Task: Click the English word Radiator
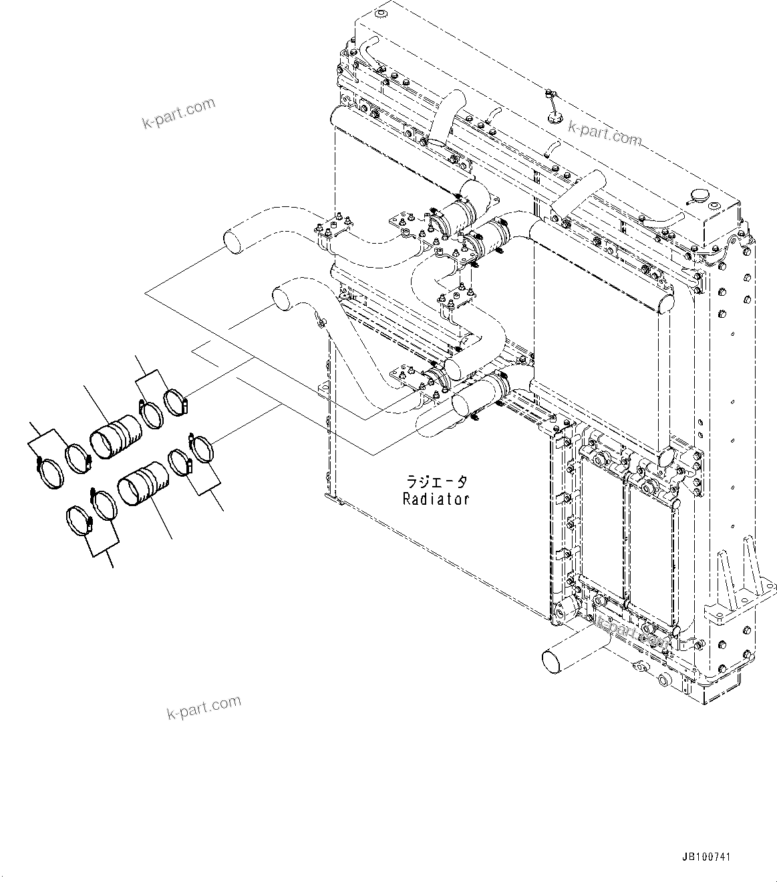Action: (436, 499)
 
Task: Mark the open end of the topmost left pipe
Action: (232, 240)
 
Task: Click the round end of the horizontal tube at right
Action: (665, 304)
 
